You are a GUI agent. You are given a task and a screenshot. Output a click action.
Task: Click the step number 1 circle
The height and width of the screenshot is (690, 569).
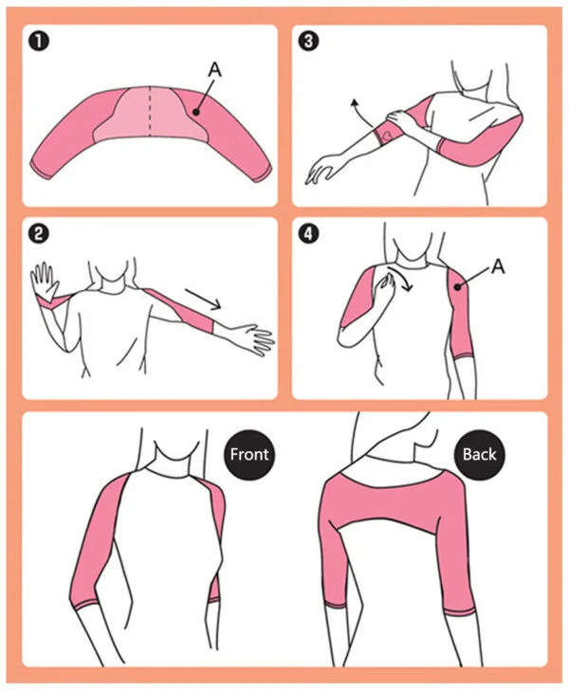[x=38, y=42]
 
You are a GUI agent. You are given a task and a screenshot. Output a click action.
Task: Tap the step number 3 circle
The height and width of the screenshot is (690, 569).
[x=307, y=42]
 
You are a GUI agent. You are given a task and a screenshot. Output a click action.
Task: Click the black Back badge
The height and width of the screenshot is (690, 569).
[x=479, y=454]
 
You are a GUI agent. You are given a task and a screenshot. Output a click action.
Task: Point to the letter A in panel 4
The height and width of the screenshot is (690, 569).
[x=498, y=268]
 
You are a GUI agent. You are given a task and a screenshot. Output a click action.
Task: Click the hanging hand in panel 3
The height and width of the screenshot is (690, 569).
[x=322, y=172]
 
